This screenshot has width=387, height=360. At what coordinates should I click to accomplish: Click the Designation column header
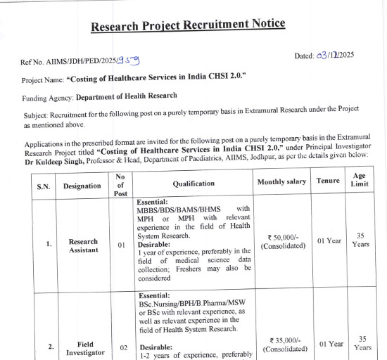coord(82,186)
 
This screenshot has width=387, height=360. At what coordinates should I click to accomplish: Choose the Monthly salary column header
coord(281,181)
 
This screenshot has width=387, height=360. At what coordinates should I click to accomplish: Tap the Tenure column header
coord(328,181)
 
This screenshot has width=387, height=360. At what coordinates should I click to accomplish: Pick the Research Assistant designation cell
coord(83,246)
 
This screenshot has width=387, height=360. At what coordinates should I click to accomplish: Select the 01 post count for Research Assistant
coord(121,245)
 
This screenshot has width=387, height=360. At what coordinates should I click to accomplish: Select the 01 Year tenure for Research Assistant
coord(329,240)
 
